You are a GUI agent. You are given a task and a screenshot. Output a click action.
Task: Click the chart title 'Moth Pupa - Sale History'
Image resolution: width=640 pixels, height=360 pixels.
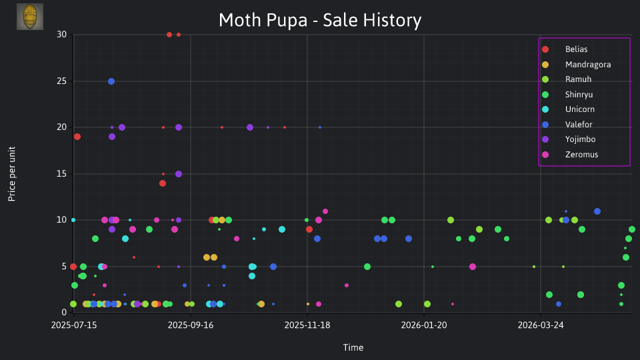(320, 21)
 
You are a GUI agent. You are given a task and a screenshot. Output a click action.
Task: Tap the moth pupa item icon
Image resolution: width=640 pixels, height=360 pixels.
(30, 17)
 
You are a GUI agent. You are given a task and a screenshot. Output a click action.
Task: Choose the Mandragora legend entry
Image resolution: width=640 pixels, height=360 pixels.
(576, 65)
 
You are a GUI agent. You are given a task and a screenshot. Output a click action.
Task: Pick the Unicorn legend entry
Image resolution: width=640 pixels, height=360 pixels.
(568, 109)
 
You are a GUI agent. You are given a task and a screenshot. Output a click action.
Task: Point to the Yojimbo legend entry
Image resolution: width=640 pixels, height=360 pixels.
(568, 139)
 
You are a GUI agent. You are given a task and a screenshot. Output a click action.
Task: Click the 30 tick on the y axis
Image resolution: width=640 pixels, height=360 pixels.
(61, 35)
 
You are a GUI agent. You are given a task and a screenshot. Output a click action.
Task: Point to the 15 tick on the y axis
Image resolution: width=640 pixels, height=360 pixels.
(61, 174)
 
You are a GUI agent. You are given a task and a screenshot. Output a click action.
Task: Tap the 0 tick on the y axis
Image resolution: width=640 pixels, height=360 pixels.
(64, 313)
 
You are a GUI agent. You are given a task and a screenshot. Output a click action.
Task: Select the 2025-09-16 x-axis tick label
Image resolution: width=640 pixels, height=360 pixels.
(191, 325)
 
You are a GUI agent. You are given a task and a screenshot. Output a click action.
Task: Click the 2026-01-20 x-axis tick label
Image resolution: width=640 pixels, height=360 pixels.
(424, 325)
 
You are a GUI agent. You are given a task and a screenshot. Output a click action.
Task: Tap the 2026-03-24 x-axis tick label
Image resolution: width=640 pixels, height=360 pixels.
(541, 325)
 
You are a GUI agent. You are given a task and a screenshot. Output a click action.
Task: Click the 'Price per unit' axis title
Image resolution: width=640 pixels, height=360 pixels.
(12, 174)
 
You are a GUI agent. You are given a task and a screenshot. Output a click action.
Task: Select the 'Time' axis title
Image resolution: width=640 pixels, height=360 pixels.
(353, 348)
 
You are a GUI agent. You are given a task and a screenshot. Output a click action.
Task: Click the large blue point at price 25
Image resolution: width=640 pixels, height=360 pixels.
(111, 81)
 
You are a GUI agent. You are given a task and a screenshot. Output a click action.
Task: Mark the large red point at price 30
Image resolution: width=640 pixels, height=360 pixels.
(169, 35)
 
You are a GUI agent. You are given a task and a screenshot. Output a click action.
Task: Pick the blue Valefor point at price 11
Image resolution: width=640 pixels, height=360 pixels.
(597, 211)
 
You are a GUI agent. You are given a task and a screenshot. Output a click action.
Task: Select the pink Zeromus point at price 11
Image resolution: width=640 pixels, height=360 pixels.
(325, 211)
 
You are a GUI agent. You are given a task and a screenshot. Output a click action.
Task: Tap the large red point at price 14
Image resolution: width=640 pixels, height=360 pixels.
(163, 183)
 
